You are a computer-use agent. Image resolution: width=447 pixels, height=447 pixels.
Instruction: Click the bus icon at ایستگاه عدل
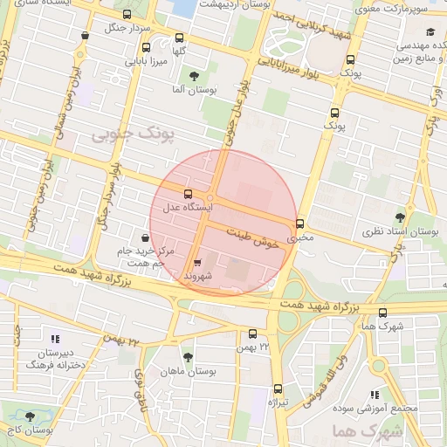pos(189,193)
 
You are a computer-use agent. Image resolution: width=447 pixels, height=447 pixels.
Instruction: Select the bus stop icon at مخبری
pos(300,223)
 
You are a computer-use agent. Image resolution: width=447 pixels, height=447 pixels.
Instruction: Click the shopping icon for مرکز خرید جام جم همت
pos(145,237)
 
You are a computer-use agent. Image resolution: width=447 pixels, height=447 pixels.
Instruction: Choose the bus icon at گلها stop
pos(180,38)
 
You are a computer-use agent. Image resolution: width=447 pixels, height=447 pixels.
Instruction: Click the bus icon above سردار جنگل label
pos(127,15)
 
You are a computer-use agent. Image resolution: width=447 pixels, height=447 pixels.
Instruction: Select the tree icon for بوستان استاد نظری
pos(401,217)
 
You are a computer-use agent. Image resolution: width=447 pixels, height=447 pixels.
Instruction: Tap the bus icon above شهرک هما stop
pos(382,312)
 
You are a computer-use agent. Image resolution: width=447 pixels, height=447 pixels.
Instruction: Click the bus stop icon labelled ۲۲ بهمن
pos(252,334)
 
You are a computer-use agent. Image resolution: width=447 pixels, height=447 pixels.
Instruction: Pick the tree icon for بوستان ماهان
pos(188,356)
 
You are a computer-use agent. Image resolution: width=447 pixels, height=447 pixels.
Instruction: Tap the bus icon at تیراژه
pos(278,389)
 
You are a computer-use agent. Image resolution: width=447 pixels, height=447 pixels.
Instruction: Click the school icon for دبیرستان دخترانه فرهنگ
pos(55,338)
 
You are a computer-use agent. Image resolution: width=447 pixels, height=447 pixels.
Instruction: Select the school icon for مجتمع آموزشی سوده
pos(375,395)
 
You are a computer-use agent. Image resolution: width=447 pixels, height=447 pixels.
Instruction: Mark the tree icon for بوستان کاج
pos(31,417)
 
